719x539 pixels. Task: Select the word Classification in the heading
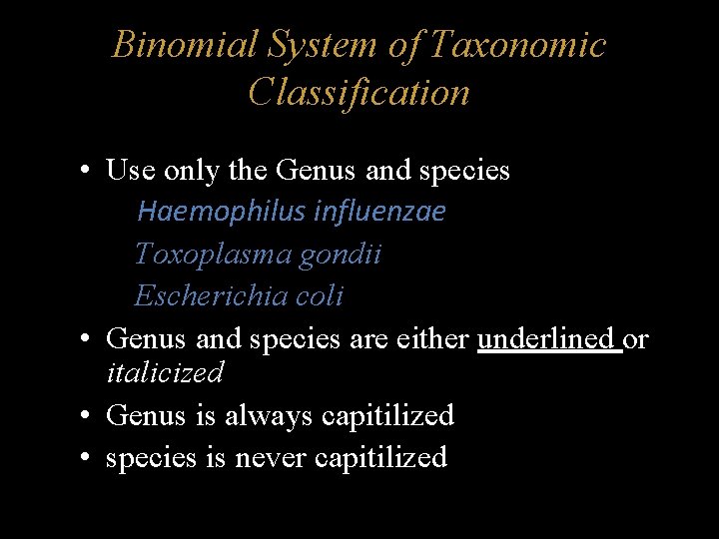click(x=359, y=93)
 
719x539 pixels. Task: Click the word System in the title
click(x=322, y=45)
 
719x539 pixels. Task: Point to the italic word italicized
click(x=165, y=373)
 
